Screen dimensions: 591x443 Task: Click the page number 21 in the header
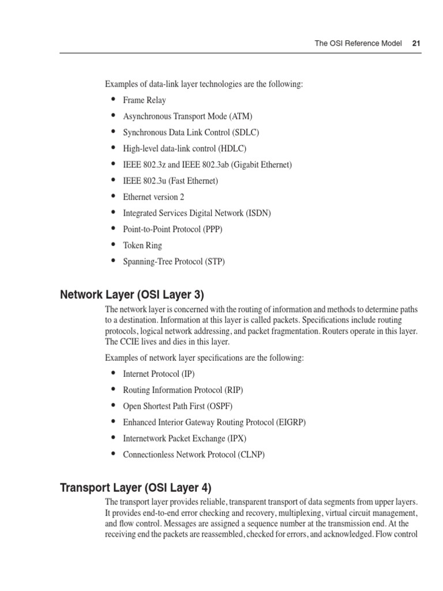[416, 43]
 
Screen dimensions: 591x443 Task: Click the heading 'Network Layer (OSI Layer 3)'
[132, 295]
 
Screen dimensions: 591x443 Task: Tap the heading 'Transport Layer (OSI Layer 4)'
[140, 488]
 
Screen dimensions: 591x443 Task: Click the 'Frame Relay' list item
[144, 100]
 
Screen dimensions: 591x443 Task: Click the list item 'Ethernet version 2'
[153, 197]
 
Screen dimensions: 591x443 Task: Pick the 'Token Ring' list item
[142, 245]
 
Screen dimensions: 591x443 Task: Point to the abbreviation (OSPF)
[219, 406]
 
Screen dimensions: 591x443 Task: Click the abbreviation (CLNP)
[250, 454]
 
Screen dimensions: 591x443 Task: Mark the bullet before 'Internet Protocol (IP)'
[112, 373]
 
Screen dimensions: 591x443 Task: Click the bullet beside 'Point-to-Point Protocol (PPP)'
[112, 229]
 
